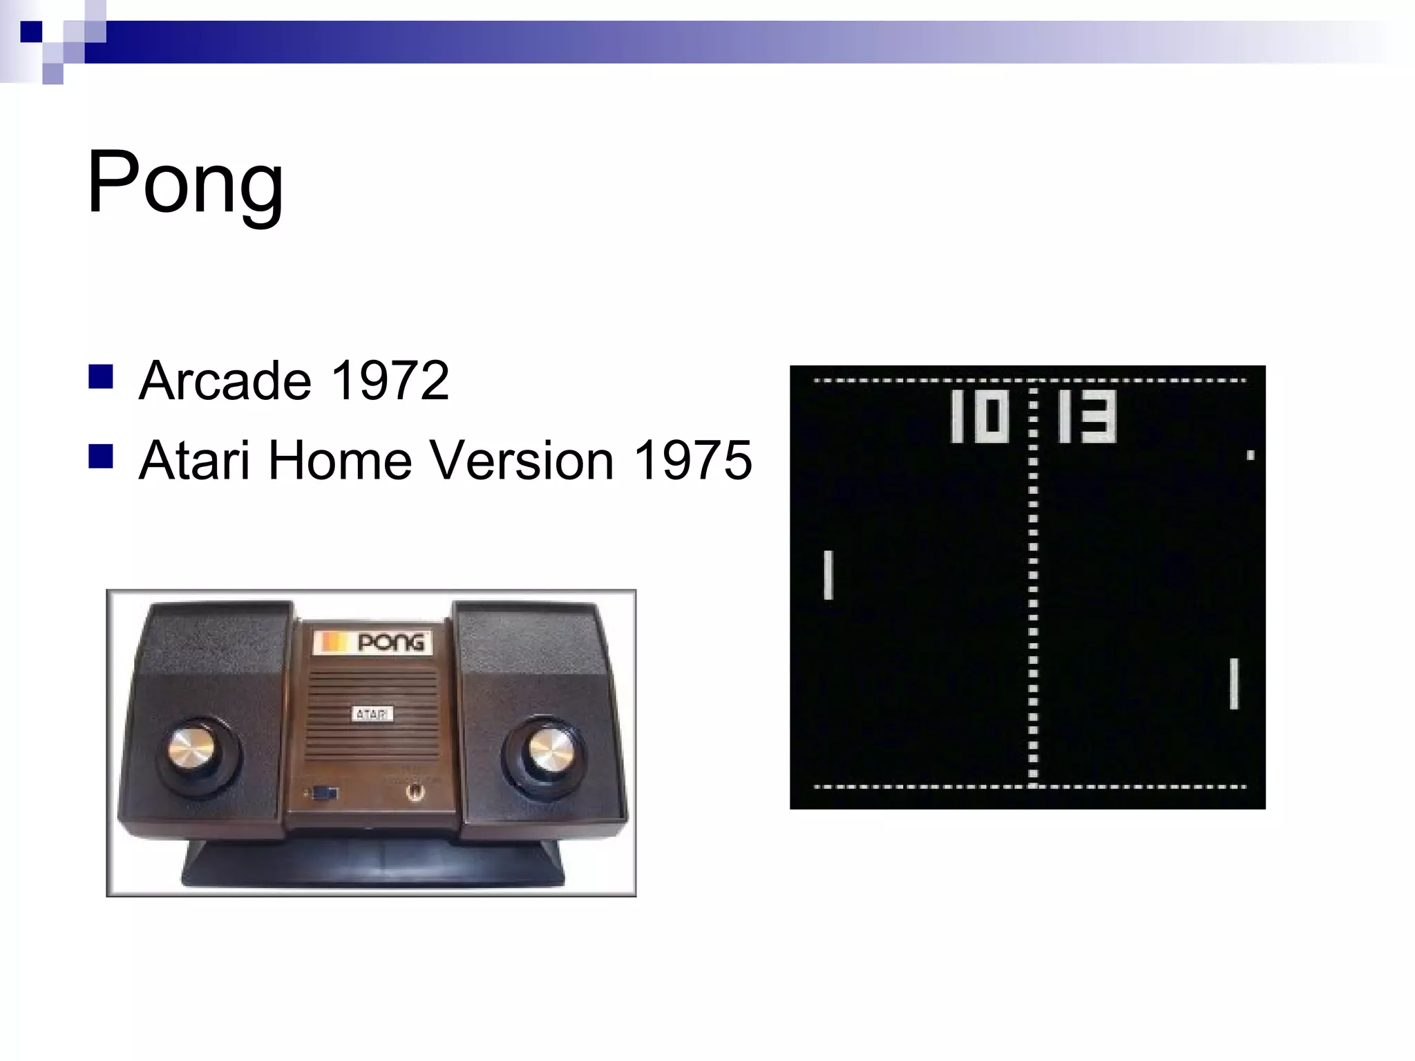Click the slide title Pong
[x=185, y=183]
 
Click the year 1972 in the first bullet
[x=390, y=381]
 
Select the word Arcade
[x=225, y=381]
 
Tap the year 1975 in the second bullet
[x=692, y=460]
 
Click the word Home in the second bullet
[x=340, y=460]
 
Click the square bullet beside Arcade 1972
[x=101, y=377]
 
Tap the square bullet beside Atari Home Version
[x=101, y=457]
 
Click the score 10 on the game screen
[x=980, y=417]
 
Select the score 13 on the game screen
[x=1087, y=417]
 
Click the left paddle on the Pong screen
[x=828, y=575]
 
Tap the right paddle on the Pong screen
[x=1234, y=684]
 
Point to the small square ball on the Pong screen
[x=1251, y=455]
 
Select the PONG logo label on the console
[x=373, y=642]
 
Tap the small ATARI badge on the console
[x=372, y=714]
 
